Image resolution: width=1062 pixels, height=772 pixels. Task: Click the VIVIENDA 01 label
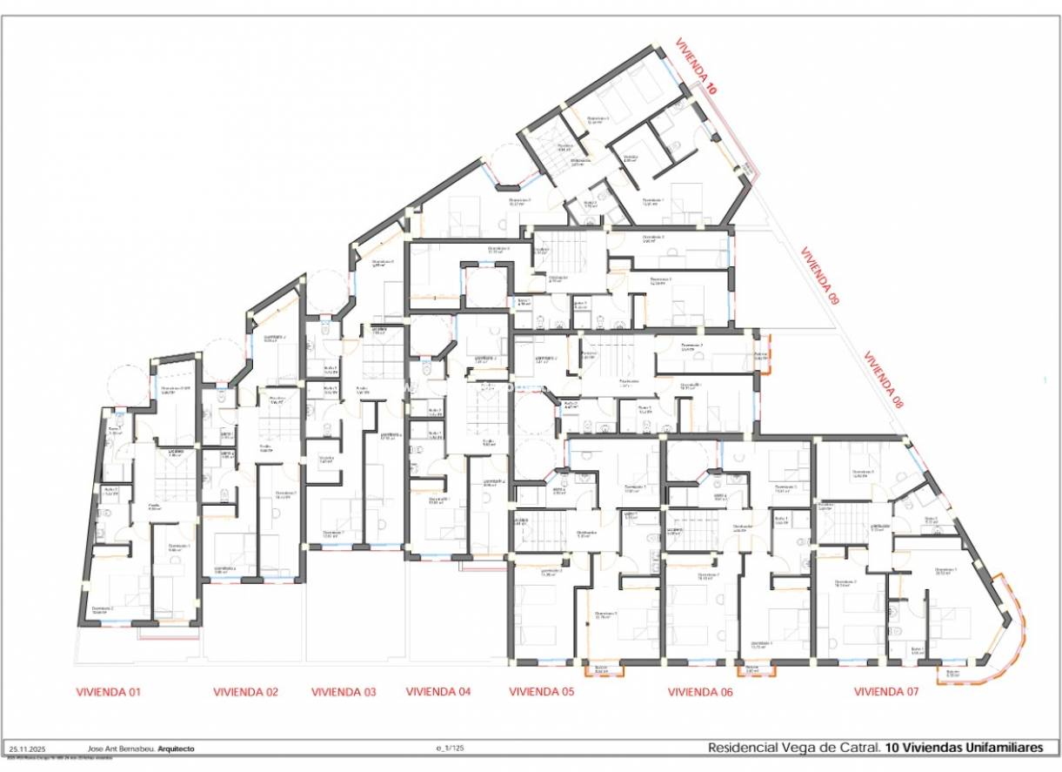(109, 693)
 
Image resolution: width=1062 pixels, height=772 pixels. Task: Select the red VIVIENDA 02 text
(246, 693)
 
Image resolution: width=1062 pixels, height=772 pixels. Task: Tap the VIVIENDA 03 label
(344, 693)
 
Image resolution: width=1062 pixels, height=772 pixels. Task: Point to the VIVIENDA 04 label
(438, 692)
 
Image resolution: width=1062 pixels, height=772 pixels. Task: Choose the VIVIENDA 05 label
(542, 693)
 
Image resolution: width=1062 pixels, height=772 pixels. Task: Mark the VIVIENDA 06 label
(700, 693)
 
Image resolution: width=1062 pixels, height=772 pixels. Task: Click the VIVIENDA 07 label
(886, 693)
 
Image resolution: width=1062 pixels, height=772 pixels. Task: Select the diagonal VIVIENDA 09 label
(820, 276)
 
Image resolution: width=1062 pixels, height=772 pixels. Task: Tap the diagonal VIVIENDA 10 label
(698, 66)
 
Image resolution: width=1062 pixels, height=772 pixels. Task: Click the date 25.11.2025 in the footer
(27, 749)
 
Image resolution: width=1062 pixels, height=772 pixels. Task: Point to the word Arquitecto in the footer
(176, 749)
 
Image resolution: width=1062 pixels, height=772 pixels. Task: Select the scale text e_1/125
(451, 749)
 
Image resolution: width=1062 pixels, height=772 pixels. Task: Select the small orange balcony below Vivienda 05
(602, 669)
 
